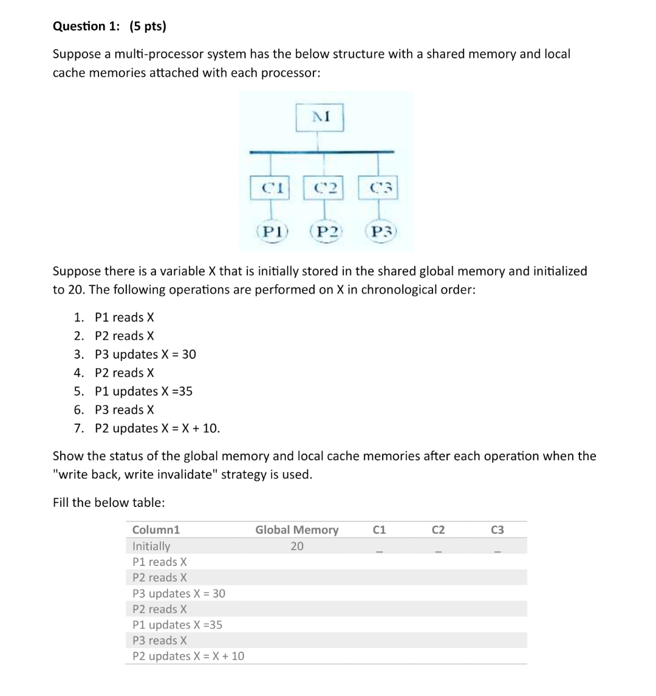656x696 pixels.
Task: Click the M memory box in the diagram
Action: click(x=320, y=117)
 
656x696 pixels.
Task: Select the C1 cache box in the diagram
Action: click(x=270, y=188)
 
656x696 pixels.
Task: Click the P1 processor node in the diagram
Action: click(x=272, y=232)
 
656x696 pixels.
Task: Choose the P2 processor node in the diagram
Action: click(x=326, y=232)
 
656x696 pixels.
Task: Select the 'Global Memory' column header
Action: click(x=296, y=530)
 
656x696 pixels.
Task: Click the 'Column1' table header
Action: click(x=156, y=530)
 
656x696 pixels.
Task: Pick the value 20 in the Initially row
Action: click(x=296, y=546)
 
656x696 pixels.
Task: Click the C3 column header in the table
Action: click(x=497, y=530)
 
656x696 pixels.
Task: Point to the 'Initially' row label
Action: click(x=151, y=546)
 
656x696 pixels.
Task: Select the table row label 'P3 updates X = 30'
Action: click(x=179, y=593)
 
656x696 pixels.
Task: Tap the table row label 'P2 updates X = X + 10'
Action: click(x=188, y=656)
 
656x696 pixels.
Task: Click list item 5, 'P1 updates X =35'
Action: click(x=143, y=391)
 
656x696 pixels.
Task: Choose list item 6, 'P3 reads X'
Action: click(x=125, y=410)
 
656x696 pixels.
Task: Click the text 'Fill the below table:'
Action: click(x=109, y=503)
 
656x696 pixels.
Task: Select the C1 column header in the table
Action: click(x=378, y=530)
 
